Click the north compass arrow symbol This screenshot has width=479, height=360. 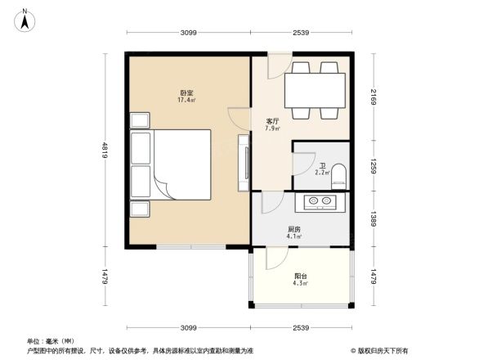click(x=25, y=19)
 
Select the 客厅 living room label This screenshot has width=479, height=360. click(x=273, y=121)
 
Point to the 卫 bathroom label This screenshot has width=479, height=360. click(x=323, y=164)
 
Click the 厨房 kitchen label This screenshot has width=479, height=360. click(x=293, y=229)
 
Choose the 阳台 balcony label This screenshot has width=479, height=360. click(x=301, y=276)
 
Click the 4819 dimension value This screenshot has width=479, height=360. click(x=105, y=150)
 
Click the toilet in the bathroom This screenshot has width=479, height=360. click(x=340, y=172)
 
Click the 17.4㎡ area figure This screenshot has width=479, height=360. click(x=186, y=101)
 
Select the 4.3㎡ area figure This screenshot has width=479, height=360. click(x=301, y=284)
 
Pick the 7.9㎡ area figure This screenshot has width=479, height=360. click(x=273, y=128)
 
